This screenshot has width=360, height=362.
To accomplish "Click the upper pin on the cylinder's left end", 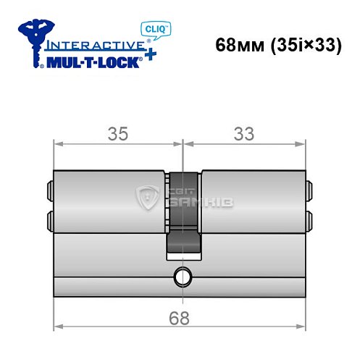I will pyautogui.click(x=51, y=190).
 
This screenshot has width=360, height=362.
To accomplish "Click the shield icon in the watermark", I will pyautogui.click(x=147, y=196).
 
